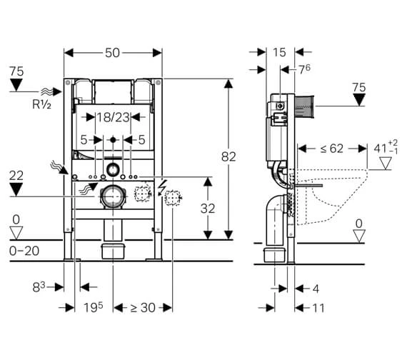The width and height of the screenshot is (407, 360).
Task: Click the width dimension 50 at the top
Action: tap(112, 53)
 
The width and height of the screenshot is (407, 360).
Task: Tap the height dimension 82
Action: tap(228, 156)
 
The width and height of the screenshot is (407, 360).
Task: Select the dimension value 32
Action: tap(208, 209)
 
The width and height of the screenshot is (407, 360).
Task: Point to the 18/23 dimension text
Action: tap(113, 117)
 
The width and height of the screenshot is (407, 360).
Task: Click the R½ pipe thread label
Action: tap(41, 104)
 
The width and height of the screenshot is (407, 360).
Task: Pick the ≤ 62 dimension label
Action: tap(331, 149)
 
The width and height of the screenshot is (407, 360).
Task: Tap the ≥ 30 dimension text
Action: tap(143, 308)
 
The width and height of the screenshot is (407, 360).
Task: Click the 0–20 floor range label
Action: tap(24, 251)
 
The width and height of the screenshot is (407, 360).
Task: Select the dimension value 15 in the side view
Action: tap(279, 52)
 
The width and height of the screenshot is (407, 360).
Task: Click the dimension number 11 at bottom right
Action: tap(318, 308)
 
